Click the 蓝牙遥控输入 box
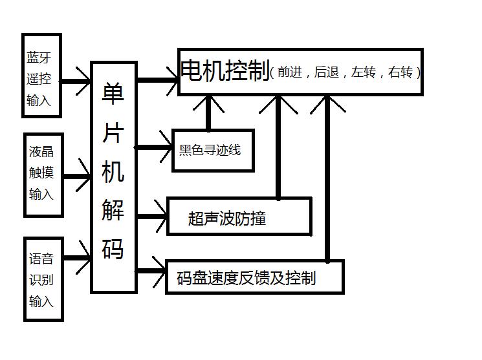coord(41,76)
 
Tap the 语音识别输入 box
coord(43,279)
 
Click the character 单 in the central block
coord(113,96)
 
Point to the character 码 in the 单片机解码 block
coord(113,248)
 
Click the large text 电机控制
coord(225,72)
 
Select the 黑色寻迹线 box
coord(212,151)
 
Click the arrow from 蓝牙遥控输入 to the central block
coord(76,81)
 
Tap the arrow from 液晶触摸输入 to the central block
coord(76,176)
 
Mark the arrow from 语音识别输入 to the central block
coord(76,257)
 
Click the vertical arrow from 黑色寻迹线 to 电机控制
coord(208,113)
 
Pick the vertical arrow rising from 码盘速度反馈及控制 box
coord(327,178)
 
